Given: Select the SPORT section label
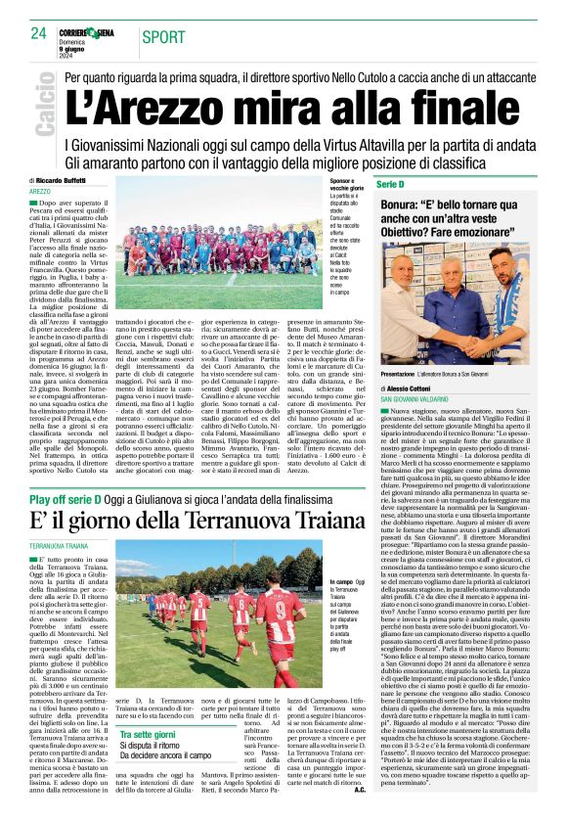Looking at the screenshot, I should point(162,37).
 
